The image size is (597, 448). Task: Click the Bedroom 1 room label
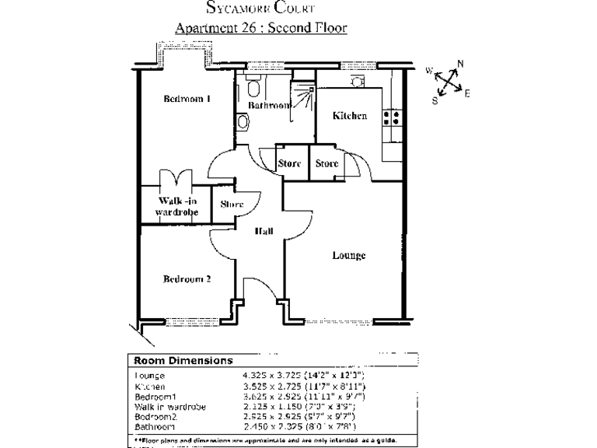[187, 99]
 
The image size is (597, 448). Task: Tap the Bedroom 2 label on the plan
[187, 279]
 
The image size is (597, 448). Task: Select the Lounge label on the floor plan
[348, 256]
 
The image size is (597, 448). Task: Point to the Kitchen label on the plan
[349, 116]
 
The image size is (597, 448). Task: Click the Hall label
[264, 230]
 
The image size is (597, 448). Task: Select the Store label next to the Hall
[232, 205]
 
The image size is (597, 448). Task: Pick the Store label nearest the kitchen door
[326, 163]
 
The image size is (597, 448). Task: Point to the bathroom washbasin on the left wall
[243, 121]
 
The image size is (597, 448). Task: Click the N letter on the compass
[460, 64]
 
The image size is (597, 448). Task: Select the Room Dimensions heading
[183, 361]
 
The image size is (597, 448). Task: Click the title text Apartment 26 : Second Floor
[260, 27]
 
